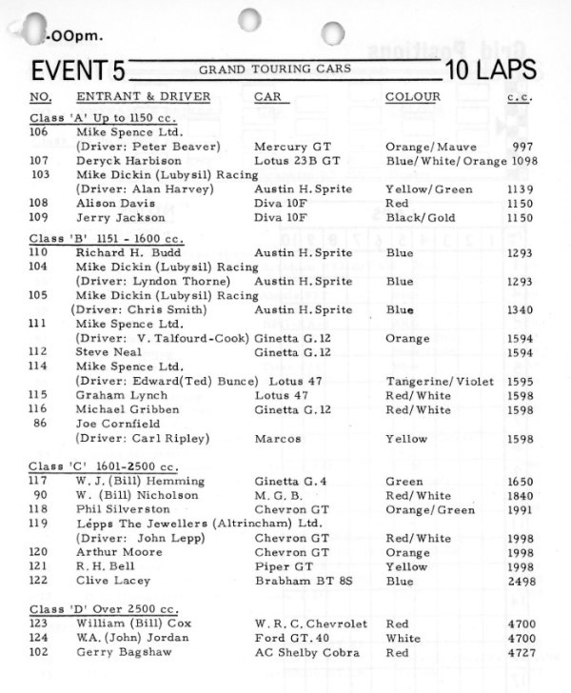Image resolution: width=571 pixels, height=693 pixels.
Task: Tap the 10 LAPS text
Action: coord(489,70)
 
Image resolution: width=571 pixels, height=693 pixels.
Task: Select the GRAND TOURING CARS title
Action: coord(274,69)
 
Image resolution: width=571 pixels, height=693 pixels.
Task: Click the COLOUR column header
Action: coord(412,98)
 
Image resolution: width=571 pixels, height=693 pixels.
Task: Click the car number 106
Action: coord(41,131)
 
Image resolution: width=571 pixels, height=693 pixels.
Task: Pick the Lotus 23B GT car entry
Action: coord(297,161)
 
